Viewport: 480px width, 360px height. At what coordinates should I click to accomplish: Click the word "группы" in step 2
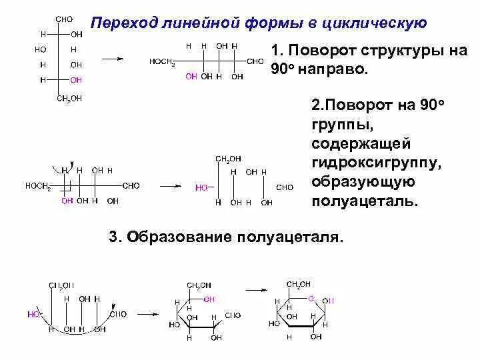click(x=339, y=125)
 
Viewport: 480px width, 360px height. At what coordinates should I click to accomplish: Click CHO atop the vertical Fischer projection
click(x=64, y=19)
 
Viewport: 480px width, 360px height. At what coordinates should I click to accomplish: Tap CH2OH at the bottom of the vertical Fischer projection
click(x=69, y=99)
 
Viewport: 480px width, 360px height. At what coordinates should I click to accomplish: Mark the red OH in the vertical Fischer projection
click(x=76, y=80)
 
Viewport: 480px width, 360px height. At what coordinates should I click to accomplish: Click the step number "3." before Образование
click(x=113, y=237)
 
